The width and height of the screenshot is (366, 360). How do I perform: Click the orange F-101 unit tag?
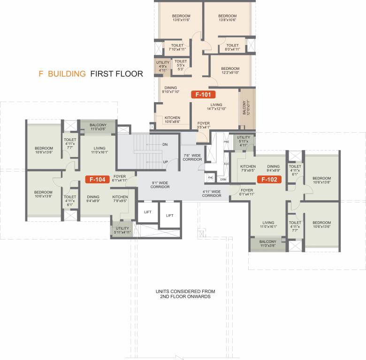pyautogui.click(x=203, y=94)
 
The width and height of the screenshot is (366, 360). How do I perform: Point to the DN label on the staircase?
pyautogui.click(x=165, y=145)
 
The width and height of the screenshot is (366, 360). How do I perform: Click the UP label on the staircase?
pyautogui.click(x=165, y=162)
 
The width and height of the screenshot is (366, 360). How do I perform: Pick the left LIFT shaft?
pyautogui.click(x=148, y=212)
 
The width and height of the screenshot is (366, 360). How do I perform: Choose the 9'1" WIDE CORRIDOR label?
pyautogui.click(x=160, y=184)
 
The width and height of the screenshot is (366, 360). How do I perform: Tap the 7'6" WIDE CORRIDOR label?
pyautogui.click(x=192, y=157)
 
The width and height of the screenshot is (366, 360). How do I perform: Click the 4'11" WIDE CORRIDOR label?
pyautogui.click(x=212, y=193)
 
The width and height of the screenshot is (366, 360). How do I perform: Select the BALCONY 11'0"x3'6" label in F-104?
pyautogui.click(x=98, y=127)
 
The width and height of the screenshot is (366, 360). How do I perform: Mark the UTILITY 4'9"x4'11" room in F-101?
pyautogui.click(x=163, y=66)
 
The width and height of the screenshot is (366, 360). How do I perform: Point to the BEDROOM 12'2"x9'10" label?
pyautogui.click(x=230, y=71)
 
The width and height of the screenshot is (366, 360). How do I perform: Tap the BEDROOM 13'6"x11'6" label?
pyautogui.click(x=181, y=18)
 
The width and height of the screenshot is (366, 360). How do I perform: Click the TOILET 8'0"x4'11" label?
pyautogui.click(x=232, y=47)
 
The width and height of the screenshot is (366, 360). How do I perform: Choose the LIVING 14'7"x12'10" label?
pyautogui.click(x=216, y=107)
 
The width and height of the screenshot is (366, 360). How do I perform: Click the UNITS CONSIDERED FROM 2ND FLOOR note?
pyautogui.click(x=183, y=294)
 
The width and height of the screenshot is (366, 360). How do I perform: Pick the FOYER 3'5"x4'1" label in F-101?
pyautogui.click(x=203, y=126)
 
